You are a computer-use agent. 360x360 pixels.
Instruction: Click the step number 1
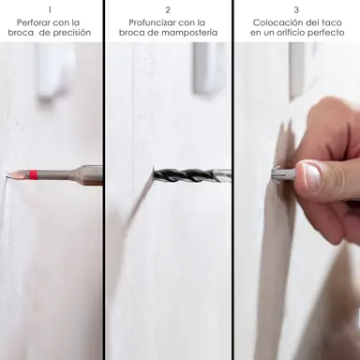[x=50, y=10]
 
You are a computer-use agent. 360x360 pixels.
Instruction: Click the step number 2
[x=168, y=10]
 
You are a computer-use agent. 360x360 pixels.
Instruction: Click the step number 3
[x=296, y=10]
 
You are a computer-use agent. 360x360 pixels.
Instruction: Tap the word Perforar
[x=34, y=22]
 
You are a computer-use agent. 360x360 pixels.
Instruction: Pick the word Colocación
[x=274, y=22]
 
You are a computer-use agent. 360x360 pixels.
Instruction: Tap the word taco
[x=331, y=22]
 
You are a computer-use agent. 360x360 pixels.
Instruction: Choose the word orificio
[x=294, y=33]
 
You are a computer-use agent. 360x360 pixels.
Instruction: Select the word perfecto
[x=328, y=33]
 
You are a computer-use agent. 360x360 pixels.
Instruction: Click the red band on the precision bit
[x=34, y=174]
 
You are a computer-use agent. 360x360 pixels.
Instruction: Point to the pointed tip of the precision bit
[x=7, y=173]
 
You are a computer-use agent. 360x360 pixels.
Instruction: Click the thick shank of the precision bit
[x=91, y=175]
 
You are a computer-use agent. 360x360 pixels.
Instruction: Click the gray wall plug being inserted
[x=285, y=172]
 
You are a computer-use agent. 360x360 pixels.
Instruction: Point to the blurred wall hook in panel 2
[x=206, y=68]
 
